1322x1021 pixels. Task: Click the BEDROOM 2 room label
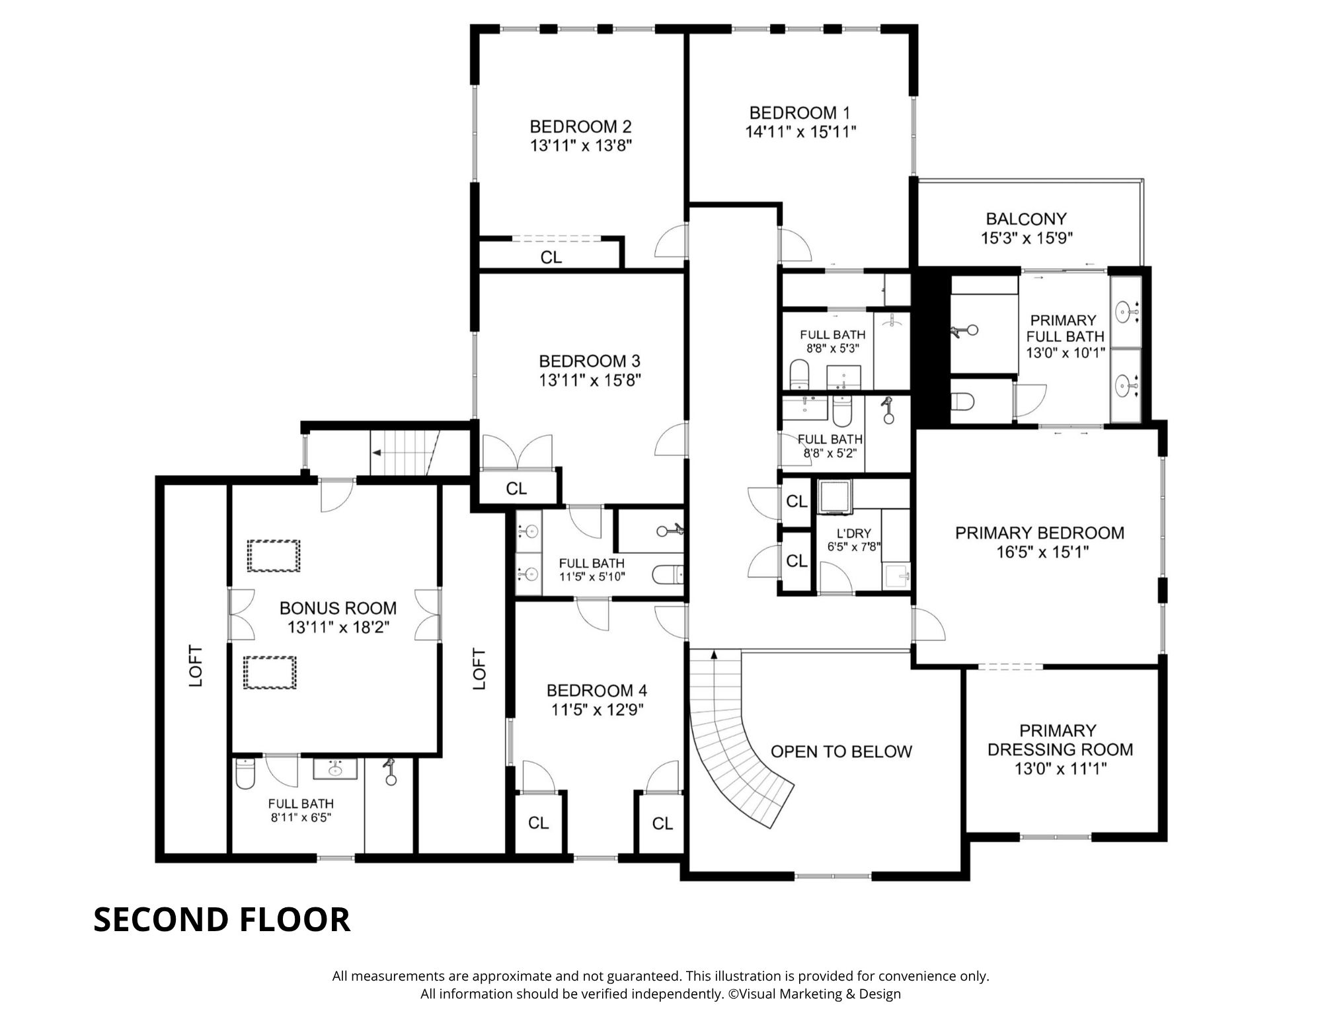[x=580, y=126]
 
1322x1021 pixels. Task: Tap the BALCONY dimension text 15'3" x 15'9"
[x=1026, y=238]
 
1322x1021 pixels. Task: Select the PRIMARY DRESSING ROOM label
[x=1060, y=740]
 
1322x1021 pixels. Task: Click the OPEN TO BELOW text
[x=841, y=751]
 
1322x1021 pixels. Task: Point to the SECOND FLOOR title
[x=221, y=919]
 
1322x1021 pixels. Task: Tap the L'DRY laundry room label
[x=853, y=533]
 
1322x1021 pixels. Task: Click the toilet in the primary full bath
[x=962, y=400]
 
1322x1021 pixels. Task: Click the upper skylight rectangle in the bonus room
[x=273, y=555]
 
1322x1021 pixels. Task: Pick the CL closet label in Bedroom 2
[x=551, y=257]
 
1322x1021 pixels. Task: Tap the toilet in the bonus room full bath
[x=245, y=774]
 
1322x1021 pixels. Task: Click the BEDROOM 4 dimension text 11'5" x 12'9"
[x=598, y=710]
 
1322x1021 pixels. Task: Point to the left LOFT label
[x=196, y=665]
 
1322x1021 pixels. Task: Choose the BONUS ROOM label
[x=338, y=608]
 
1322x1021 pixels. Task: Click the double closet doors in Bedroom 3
[x=516, y=452]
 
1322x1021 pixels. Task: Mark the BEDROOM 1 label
[x=800, y=112]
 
